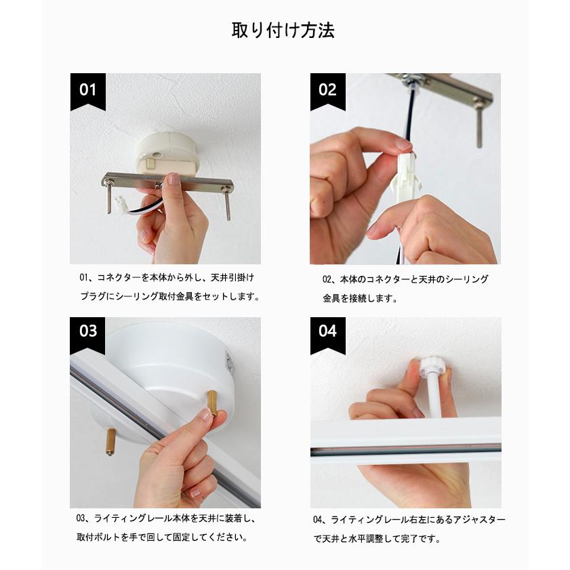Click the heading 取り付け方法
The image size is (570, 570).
point(283,30)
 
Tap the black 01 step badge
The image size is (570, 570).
point(88,91)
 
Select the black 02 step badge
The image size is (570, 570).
point(328,91)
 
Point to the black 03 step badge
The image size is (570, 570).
point(87,335)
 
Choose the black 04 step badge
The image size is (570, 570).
point(328,335)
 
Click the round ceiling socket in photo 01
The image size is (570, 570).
point(167,154)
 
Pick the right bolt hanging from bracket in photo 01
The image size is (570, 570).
point(227,204)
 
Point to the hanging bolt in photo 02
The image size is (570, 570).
point(479,123)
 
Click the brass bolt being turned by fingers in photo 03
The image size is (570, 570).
point(212,403)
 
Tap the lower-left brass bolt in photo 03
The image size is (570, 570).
point(110,441)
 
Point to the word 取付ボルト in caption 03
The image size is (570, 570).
point(98,537)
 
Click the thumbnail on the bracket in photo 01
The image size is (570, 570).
point(174,178)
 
